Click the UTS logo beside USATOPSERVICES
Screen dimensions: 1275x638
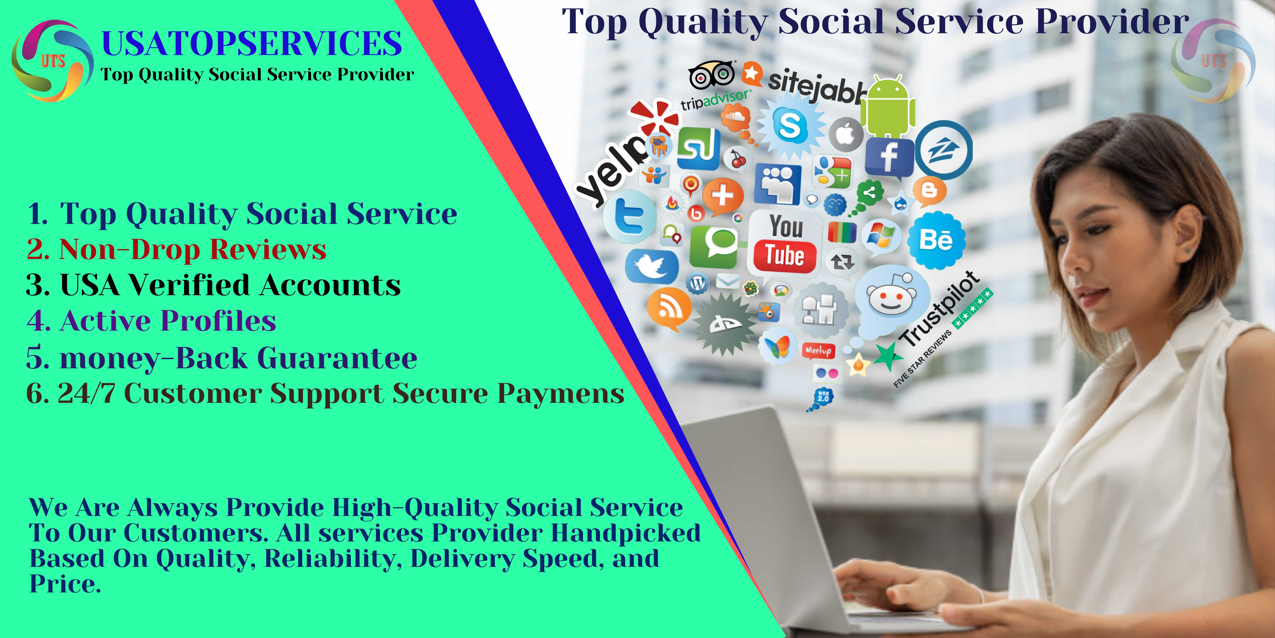(x=52, y=60)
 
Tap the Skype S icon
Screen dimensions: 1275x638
(x=789, y=125)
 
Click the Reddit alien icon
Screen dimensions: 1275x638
(x=891, y=297)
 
